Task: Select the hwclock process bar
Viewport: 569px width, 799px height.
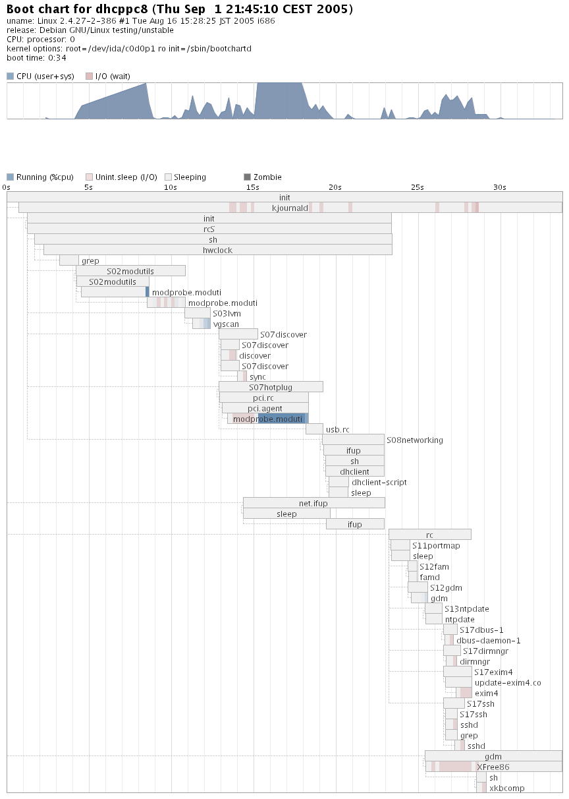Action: (217, 250)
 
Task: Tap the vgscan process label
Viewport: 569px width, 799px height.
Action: (226, 324)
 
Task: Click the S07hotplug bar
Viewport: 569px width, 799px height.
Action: (271, 387)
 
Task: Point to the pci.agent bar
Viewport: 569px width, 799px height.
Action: (265, 408)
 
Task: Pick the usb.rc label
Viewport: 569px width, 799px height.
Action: (337, 429)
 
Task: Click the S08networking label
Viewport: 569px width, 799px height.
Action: (415, 440)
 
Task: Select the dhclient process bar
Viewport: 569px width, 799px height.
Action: (355, 471)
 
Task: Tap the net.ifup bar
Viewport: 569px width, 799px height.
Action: (313, 503)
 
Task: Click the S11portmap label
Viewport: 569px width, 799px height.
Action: (436, 545)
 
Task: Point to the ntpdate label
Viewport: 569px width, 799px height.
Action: (460, 619)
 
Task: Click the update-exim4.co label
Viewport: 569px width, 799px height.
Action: (508, 682)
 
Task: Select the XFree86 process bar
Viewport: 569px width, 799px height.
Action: (493, 767)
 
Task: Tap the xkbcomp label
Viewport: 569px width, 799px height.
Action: (507, 788)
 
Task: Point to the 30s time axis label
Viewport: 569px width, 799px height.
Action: (500, 187)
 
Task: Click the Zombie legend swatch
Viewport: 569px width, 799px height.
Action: (248, 177)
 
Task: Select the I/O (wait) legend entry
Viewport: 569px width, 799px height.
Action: (108, 76)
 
